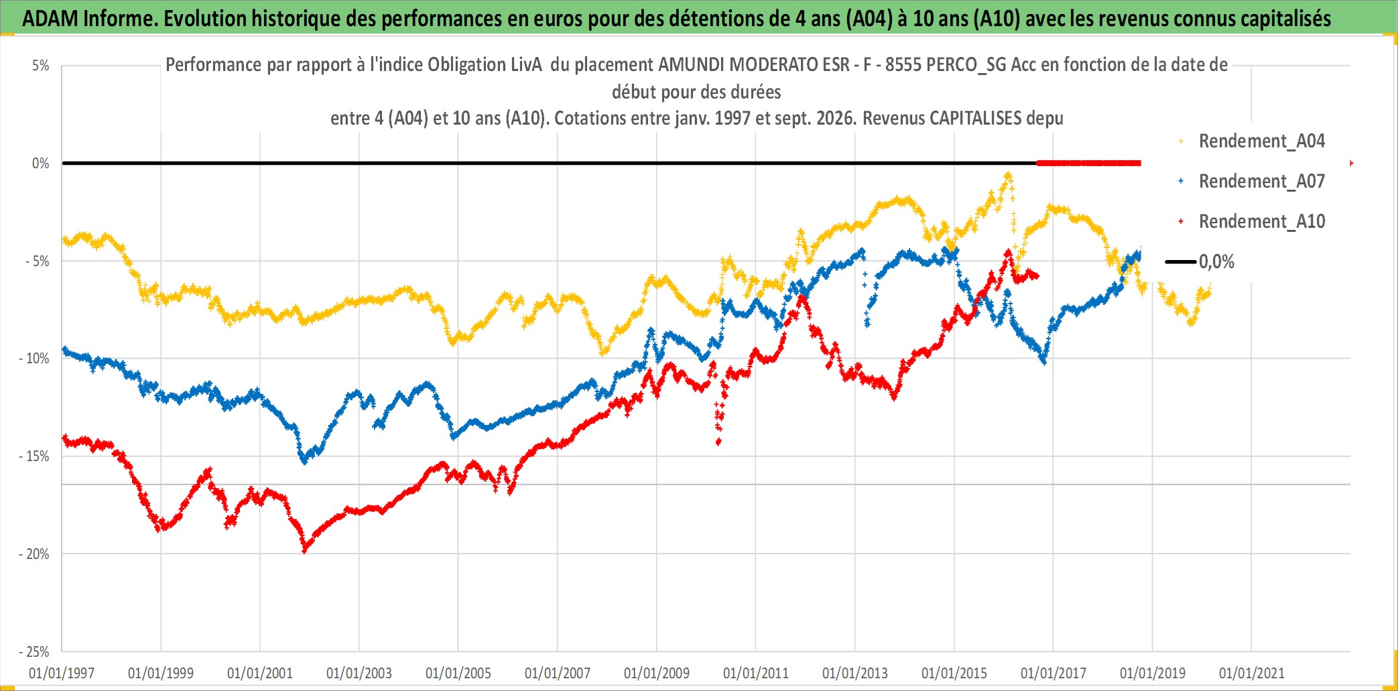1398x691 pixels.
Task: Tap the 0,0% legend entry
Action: coord(1200,262)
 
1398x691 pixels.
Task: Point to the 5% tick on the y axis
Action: coord(41,66)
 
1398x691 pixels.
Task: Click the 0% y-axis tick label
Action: coord(41,164)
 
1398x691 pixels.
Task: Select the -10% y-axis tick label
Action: coord(34,359)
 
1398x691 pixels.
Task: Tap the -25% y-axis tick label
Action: coord(34,651)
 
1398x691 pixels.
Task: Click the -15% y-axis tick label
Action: coord(34,456)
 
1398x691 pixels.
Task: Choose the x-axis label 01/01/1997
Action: coord(62,673)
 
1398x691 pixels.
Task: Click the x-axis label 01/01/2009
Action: coord(657,673)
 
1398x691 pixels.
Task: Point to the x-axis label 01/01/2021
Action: coord(1252,673)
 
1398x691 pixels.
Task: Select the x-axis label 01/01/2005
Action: coord(458,673)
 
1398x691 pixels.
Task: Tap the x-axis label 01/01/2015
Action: coord(954,673)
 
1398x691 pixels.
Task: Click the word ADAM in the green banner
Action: coord(50,19)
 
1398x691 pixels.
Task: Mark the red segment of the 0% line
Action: coord(1088,163)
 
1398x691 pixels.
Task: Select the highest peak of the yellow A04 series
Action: coord(1008,176)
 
